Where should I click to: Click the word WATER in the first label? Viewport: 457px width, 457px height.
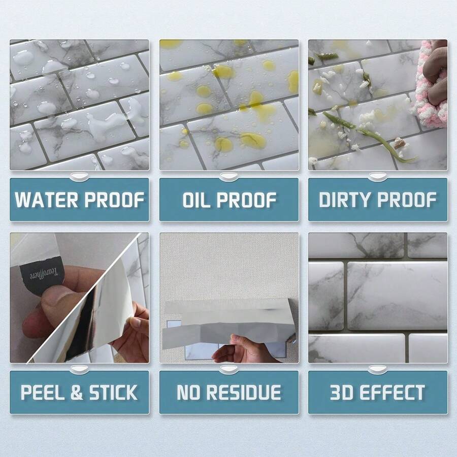click(x=46, y=200)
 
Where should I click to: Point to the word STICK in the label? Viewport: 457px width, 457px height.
click(x=113, y=393)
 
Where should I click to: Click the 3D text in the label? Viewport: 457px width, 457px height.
click(x=344, y=393)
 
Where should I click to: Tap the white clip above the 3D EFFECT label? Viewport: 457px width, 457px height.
click(x=377, y=369)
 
